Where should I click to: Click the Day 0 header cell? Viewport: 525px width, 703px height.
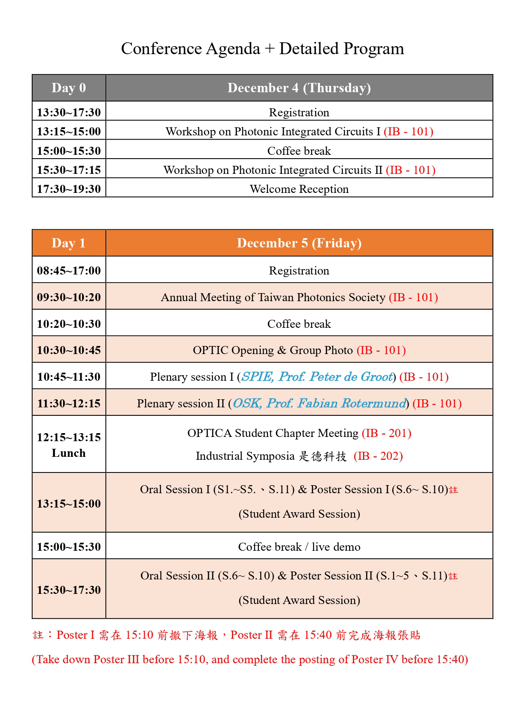click(x=69, y=88)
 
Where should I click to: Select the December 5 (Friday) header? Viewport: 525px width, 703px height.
click(x=299, y=243)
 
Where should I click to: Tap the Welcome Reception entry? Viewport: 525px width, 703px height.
click(x=299, y=189)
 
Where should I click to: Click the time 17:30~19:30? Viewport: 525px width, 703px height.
click(x=69, y=189)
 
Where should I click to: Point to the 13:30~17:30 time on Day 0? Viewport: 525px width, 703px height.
click(x=69, y=112)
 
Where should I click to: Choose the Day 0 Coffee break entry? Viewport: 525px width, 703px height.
click(x=299, y=151)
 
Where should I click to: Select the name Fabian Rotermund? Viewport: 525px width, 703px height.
click(x=351, y=403)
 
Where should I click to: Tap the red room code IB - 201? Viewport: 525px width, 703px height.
click(x=387, y=433)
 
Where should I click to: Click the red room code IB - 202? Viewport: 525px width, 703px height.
click(x=378, y=456)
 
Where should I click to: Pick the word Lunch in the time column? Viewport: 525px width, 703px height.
click(x=69, y=453)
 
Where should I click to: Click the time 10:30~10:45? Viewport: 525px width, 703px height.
click(x=69, y=350)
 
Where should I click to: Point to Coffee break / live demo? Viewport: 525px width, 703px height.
click(x=299, y=546)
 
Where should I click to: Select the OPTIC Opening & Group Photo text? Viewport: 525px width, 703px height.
click(x=273, y=350)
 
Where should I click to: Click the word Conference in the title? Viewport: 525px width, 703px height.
click(x=161, y=49)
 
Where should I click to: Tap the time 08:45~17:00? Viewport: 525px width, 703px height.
click(x=69, y=270)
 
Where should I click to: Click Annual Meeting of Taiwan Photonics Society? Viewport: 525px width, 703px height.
click(x=273, y=297)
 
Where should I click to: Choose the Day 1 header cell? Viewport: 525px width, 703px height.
click(x=69, y=243)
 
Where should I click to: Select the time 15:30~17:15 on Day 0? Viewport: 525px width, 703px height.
click(x=69, y=170)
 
